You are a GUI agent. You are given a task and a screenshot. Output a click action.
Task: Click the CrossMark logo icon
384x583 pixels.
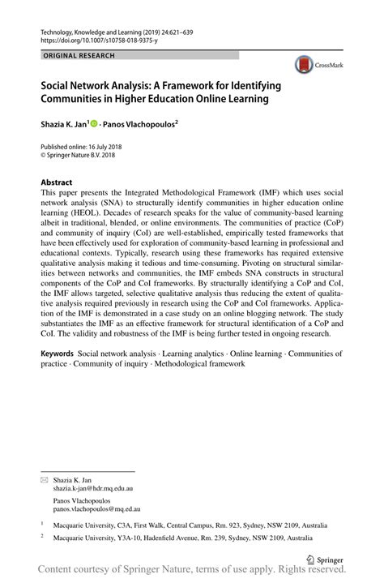click(303, 66)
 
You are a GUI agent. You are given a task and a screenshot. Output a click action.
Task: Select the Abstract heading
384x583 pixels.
click(57, 182)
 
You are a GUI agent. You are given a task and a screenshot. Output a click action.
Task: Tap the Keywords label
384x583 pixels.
click(58, 354)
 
